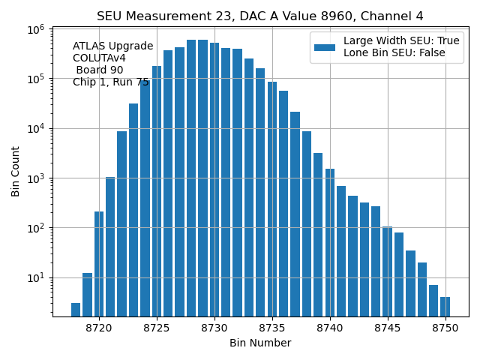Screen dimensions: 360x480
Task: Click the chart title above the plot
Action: coord(259,16)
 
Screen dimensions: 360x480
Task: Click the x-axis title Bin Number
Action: coord(259,343)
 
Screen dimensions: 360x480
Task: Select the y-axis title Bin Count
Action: coord(16,171)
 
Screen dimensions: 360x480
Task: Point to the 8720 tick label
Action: coord(99,328)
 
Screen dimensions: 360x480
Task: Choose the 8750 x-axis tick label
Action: coord(445,328)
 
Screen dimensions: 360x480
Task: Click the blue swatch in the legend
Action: coord(325,47)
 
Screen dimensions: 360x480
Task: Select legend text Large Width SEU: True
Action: coord(401,41)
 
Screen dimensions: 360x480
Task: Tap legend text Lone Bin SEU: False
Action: coord(394,53)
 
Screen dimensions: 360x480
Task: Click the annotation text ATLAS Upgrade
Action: coord(112,46)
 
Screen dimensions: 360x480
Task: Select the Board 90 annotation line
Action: coord(100,70)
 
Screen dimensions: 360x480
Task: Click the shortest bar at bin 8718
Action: coord(76,309)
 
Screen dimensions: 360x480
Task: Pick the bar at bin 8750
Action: coord(445,306)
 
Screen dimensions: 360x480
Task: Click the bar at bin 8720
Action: coord(99,262)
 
